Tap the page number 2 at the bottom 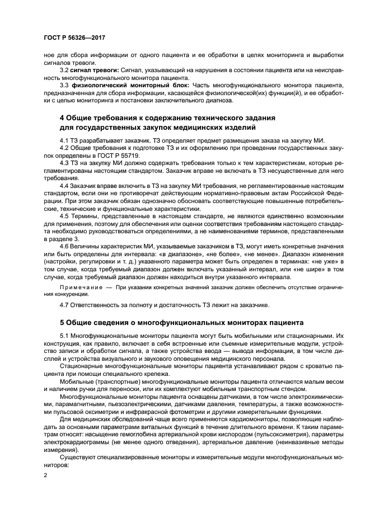tap(46, 474)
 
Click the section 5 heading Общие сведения tap(181, 323)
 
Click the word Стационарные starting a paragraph tap(82, 366)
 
